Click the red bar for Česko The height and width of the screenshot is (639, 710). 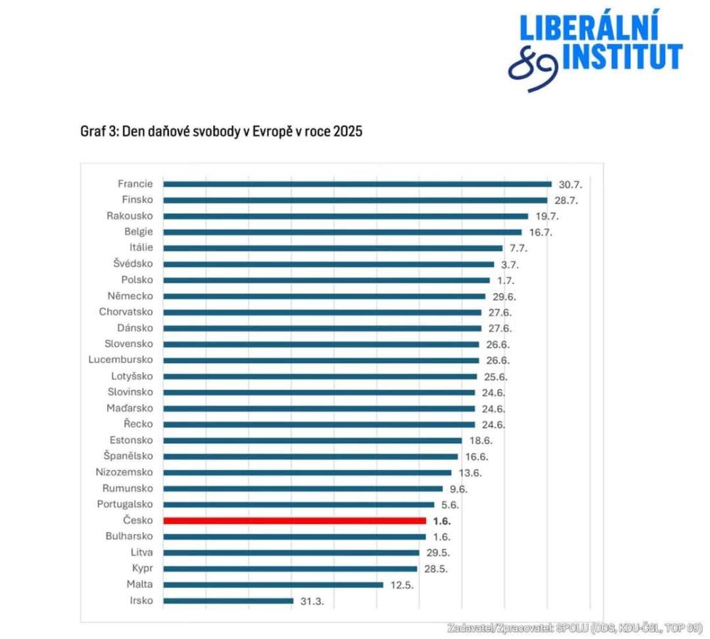(x=295, y=520)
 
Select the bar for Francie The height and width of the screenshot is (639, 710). (x=357, y=184)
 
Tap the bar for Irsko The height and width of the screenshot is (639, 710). (x=228, y=601)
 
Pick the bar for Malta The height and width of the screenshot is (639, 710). (x=273, y=585)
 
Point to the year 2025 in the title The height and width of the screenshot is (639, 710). (x=347, y=132)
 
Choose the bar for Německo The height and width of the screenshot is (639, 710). (x=324, y=296)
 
